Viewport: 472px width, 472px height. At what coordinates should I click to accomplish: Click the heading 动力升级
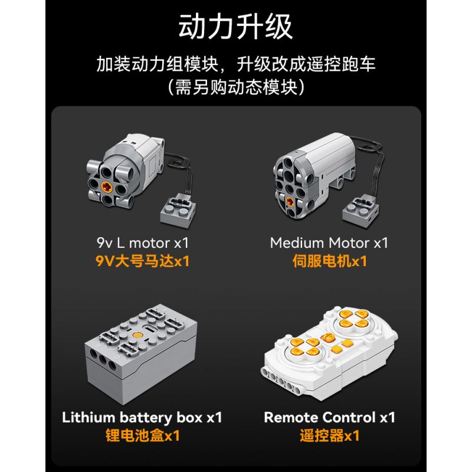point(235,27)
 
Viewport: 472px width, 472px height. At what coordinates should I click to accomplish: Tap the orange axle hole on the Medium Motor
point(290,201)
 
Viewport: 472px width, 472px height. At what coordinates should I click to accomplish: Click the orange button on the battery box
point(137,335)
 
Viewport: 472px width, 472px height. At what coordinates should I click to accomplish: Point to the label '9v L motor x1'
point(143,243)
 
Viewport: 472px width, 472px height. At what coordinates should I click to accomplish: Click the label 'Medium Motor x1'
point(329,242)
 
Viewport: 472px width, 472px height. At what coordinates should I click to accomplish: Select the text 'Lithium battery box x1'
point(142,418)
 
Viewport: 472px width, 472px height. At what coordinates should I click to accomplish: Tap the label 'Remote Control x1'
point(330,417)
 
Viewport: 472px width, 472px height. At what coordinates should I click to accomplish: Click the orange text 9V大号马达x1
point(143,261)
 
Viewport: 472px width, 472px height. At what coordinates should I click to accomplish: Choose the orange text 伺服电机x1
point(330,261)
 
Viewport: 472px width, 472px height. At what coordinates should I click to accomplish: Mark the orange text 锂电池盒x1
point(143,435)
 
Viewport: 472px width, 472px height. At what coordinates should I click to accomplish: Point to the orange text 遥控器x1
point(330,435)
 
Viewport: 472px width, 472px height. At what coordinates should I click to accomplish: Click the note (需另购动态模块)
point(235,87)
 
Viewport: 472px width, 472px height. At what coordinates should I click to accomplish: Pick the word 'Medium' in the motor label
point(297,242)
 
